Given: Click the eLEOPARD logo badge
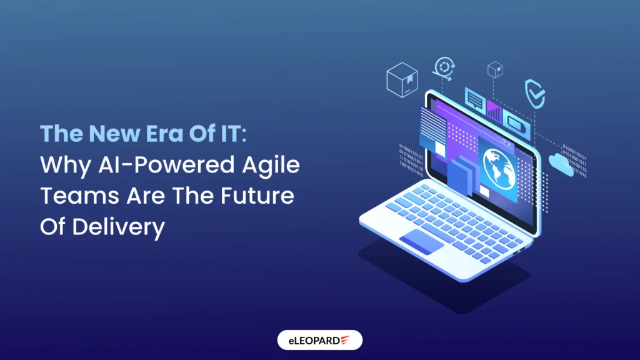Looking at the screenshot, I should click(x=319, y=340).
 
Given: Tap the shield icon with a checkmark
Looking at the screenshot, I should click(x=534, y=94).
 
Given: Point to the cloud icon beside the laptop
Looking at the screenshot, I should click(x=561, y=164).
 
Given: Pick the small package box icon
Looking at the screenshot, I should click(x=495, y=69).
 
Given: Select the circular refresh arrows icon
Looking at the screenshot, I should click(x=446, y=67).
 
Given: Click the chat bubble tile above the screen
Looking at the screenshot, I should click(x=475, y=100).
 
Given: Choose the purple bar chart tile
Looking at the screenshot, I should click(x=494, y=111).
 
